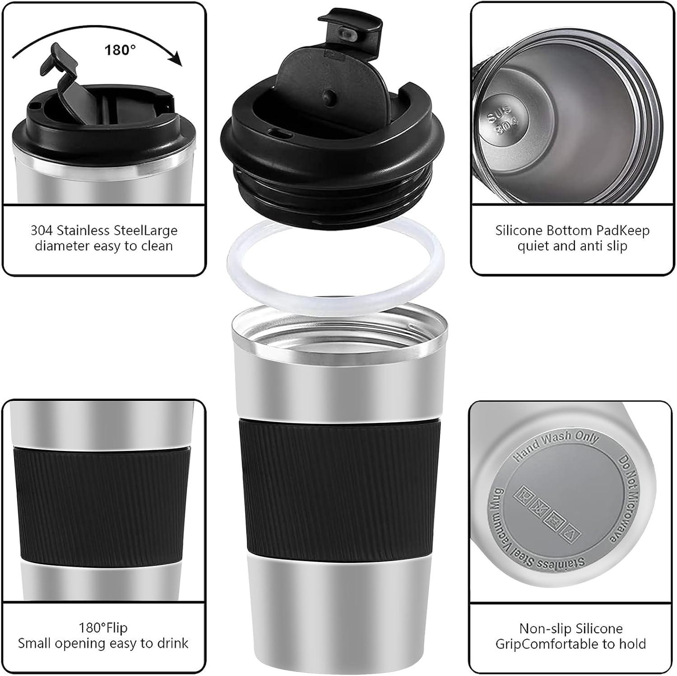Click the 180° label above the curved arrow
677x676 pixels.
[120, 50]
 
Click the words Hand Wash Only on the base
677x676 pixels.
[556, 446]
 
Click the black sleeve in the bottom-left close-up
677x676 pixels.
[103, 505]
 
